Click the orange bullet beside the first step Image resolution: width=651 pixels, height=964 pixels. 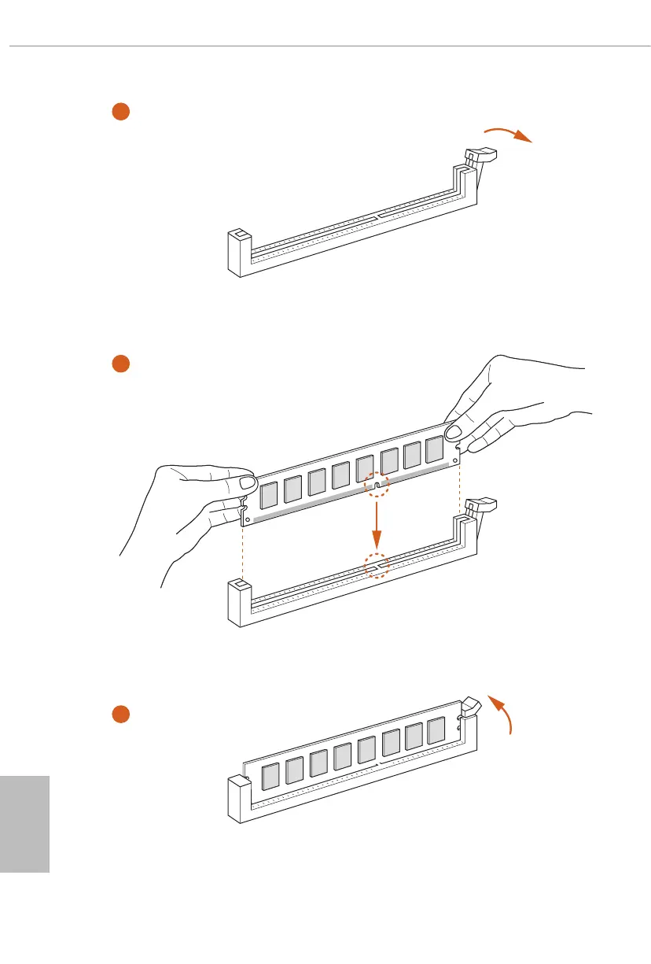point(120,112)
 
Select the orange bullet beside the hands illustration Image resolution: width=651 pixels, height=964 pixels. point(120,364)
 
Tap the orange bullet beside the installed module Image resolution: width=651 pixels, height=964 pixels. point(120,714)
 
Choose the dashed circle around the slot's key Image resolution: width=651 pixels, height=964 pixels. point(377,566)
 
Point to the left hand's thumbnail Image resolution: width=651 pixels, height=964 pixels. point(247,482)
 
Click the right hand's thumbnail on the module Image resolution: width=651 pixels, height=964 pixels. point(454,434)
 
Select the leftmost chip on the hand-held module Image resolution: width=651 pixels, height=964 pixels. point(268,493)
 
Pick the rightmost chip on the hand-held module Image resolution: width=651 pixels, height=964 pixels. point(435,450)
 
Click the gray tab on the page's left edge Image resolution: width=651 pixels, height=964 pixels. point(24,823)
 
